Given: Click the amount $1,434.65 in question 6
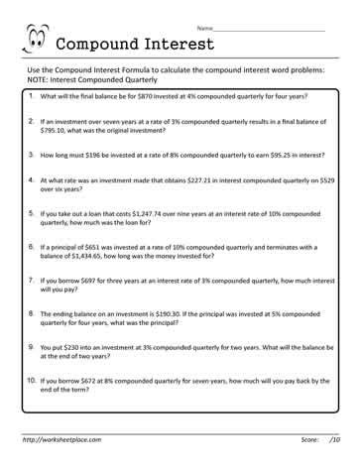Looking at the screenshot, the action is tap(84, 253).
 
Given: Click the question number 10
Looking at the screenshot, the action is tap(32, 379).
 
